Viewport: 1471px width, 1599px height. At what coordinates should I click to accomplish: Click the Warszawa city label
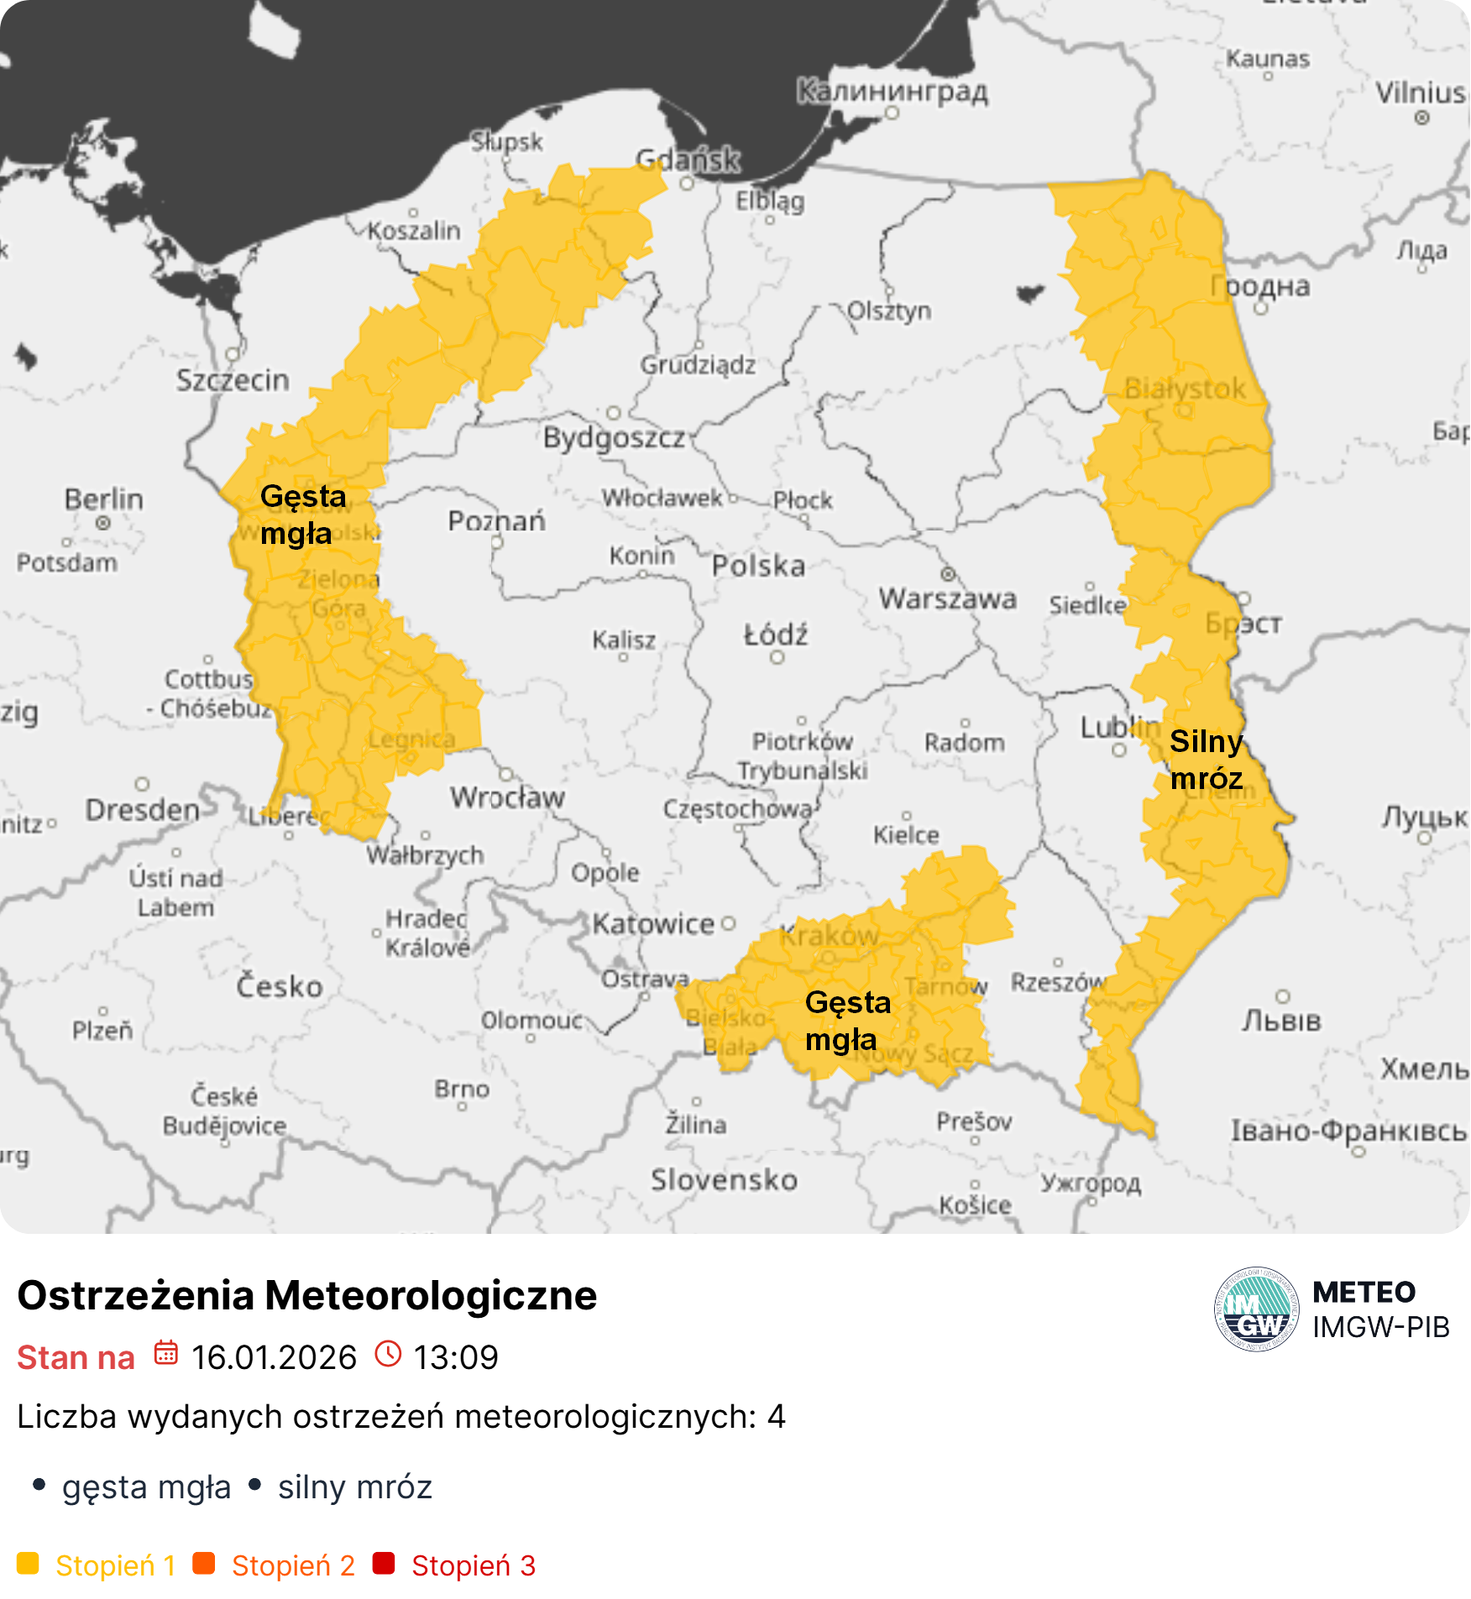[x=947, y=598]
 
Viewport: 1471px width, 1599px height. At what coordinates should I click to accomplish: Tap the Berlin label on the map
[x=104, y=499]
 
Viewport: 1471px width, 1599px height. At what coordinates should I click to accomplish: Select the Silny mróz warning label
[x=1206, y=760]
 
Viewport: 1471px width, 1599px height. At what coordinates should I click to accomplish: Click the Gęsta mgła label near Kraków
[x=846, y=1021]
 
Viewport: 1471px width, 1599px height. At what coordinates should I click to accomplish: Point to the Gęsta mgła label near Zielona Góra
[x=302, y=515]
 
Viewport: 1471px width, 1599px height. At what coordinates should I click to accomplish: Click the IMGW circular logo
[x=1256, y=1309]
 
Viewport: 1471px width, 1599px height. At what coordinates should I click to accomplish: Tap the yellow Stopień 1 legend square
[x=28, y=1564]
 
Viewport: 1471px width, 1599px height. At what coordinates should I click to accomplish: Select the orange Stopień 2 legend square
[x=204, y=1564]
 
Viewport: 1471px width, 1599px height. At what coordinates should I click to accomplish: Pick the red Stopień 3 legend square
[x=384, y=1564]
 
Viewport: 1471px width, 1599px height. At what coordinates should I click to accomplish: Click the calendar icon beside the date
[x=165, y=1354]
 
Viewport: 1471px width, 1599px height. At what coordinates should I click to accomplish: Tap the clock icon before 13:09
[x=388, y=1354]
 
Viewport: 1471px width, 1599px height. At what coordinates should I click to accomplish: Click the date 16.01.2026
[x=274, y=1357]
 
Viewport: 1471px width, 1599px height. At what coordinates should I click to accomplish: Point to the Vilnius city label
[x=1421, y=92]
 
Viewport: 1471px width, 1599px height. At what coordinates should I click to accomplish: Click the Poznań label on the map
[x=496, y=520]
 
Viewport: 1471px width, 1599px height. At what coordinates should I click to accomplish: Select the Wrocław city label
[x=507, y=797]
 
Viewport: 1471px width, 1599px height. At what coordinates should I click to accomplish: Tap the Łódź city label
[x=776, y=635]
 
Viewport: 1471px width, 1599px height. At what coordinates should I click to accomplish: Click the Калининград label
[x=892, y=91]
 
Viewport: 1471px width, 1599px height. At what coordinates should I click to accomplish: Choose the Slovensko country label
[x=724, y=1179]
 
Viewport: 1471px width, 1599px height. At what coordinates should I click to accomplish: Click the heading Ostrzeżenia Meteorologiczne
[x=307, y=1294]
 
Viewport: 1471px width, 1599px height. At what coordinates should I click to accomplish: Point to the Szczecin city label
[x=233, y=380]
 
